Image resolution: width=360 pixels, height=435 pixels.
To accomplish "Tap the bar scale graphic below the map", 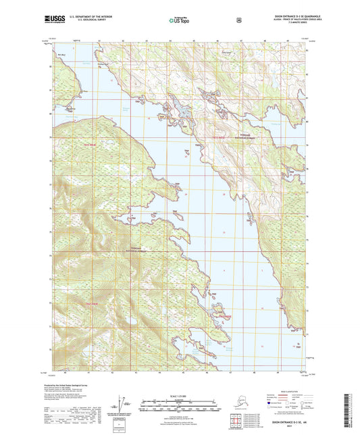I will click(179, 407).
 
